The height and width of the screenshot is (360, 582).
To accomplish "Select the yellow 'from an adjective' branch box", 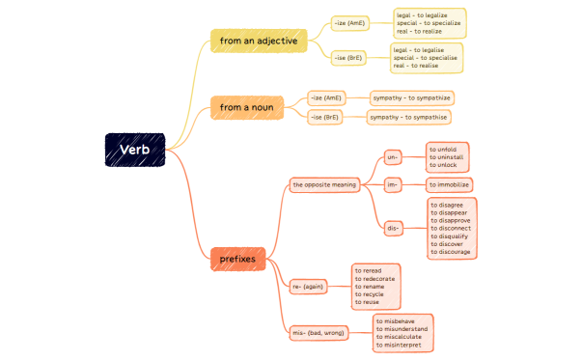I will point(258,41).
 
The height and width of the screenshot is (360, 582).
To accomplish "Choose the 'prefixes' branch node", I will point(237,259).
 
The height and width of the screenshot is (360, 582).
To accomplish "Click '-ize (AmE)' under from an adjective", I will point(349,20).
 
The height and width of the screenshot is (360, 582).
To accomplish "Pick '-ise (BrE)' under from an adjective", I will point(347,58).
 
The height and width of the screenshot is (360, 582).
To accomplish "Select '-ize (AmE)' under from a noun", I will point(325,97).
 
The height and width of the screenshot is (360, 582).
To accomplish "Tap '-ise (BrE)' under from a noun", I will point(325,117).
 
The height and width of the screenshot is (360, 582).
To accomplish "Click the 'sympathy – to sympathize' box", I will point(412,97).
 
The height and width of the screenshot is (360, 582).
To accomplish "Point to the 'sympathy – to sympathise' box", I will point(409,117).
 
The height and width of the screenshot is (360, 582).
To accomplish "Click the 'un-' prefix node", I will point(392,156).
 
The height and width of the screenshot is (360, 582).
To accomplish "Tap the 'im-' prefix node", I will point(392,183).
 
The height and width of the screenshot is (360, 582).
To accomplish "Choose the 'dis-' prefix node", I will point(393,228).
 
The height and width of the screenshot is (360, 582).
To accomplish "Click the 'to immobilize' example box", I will point(450,183).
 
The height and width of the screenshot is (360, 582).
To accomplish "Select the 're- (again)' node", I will point(310,286).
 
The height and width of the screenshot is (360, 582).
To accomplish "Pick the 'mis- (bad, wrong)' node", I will point(319,332).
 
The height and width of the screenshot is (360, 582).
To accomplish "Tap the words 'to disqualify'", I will point(451,235).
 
